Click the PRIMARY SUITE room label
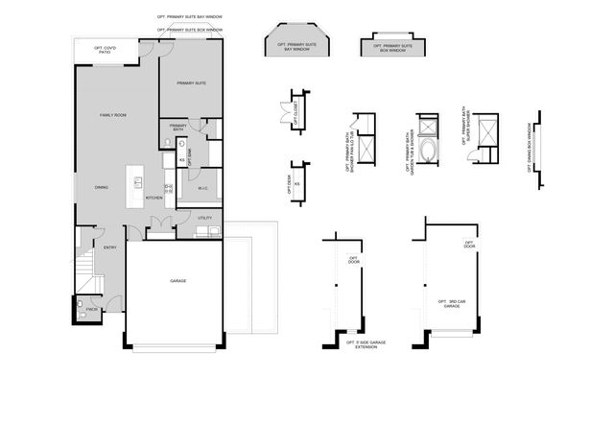click(x=192, y=83)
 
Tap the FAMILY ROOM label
click(x=114, y=115)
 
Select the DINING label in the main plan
click(x=101, y=188)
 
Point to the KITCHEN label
click(x=153, y=199)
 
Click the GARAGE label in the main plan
click(x=177, y=281)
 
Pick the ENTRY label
click(x=109, y=247)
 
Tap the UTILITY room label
click(x=204, y=219)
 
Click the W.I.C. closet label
click(x=203, y=189)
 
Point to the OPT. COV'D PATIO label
click(x=106, y=51)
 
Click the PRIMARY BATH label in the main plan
click(x=178, y=128)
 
